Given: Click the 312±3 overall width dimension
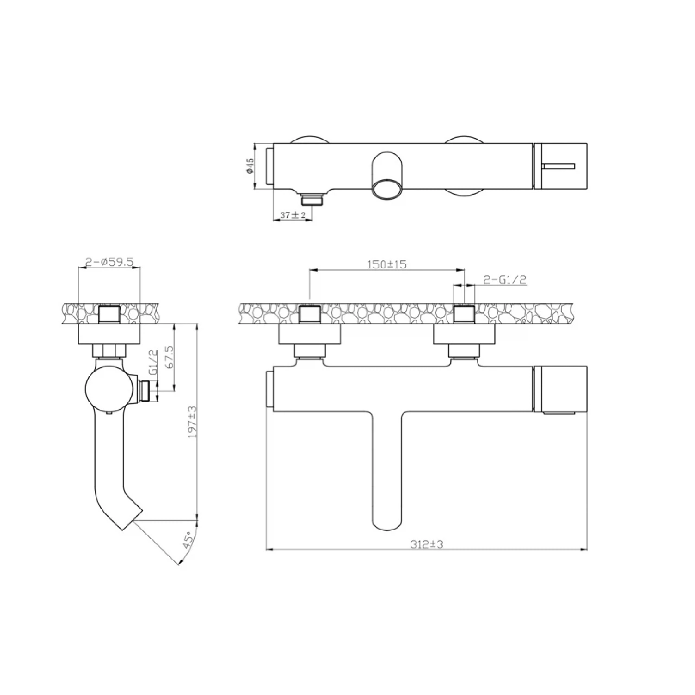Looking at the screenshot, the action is [427, 545].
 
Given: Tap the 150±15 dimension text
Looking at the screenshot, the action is [386, 264].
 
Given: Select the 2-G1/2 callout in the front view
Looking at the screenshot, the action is [505, 279].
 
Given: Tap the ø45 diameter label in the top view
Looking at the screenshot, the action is [251, 166].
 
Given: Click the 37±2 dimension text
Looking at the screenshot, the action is [293, 215].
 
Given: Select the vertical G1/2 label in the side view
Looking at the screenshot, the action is [155, 362].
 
